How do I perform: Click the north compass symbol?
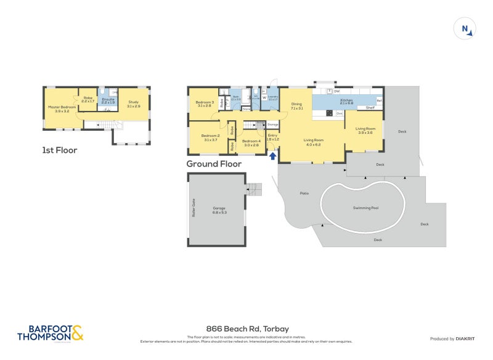pyautogui.click(x=465, y=29)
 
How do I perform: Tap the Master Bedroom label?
pyautogui.click(x=62, y=107)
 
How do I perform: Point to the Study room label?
pyautogui.click(x=134, y=103)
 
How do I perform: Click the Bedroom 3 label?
pyautogui.click(x=205, y=102)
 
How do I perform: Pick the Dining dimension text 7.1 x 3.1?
pyautogui.click(x=296, y=108)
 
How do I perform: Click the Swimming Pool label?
pyautogui.click(x=365, y=208)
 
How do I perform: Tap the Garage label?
pyautogui.click(x=219, y=208)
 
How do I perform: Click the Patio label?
pyautogui.click(x=304, y=193)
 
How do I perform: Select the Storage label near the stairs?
pyautogui.click(x=273, y=125)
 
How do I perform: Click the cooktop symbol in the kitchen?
pyautogui.click(x=329, y=113)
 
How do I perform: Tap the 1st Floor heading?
pyautogui.click(x=60, y=150)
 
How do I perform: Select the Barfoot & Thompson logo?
pyautogui.click(x=49, y=333)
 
